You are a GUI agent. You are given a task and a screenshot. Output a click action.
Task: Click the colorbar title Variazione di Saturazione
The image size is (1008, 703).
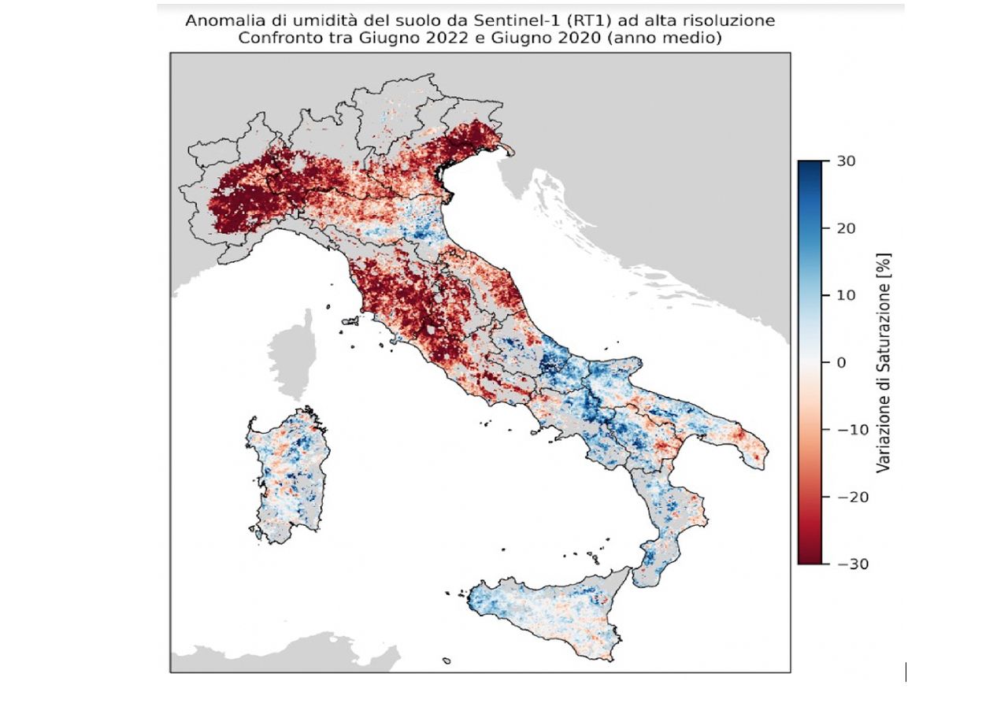(883, 362)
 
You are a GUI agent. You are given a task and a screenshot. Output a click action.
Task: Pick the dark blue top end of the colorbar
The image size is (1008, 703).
(809, 165)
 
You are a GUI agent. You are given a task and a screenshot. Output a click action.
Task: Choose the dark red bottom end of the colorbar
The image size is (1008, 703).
(809, 559)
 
